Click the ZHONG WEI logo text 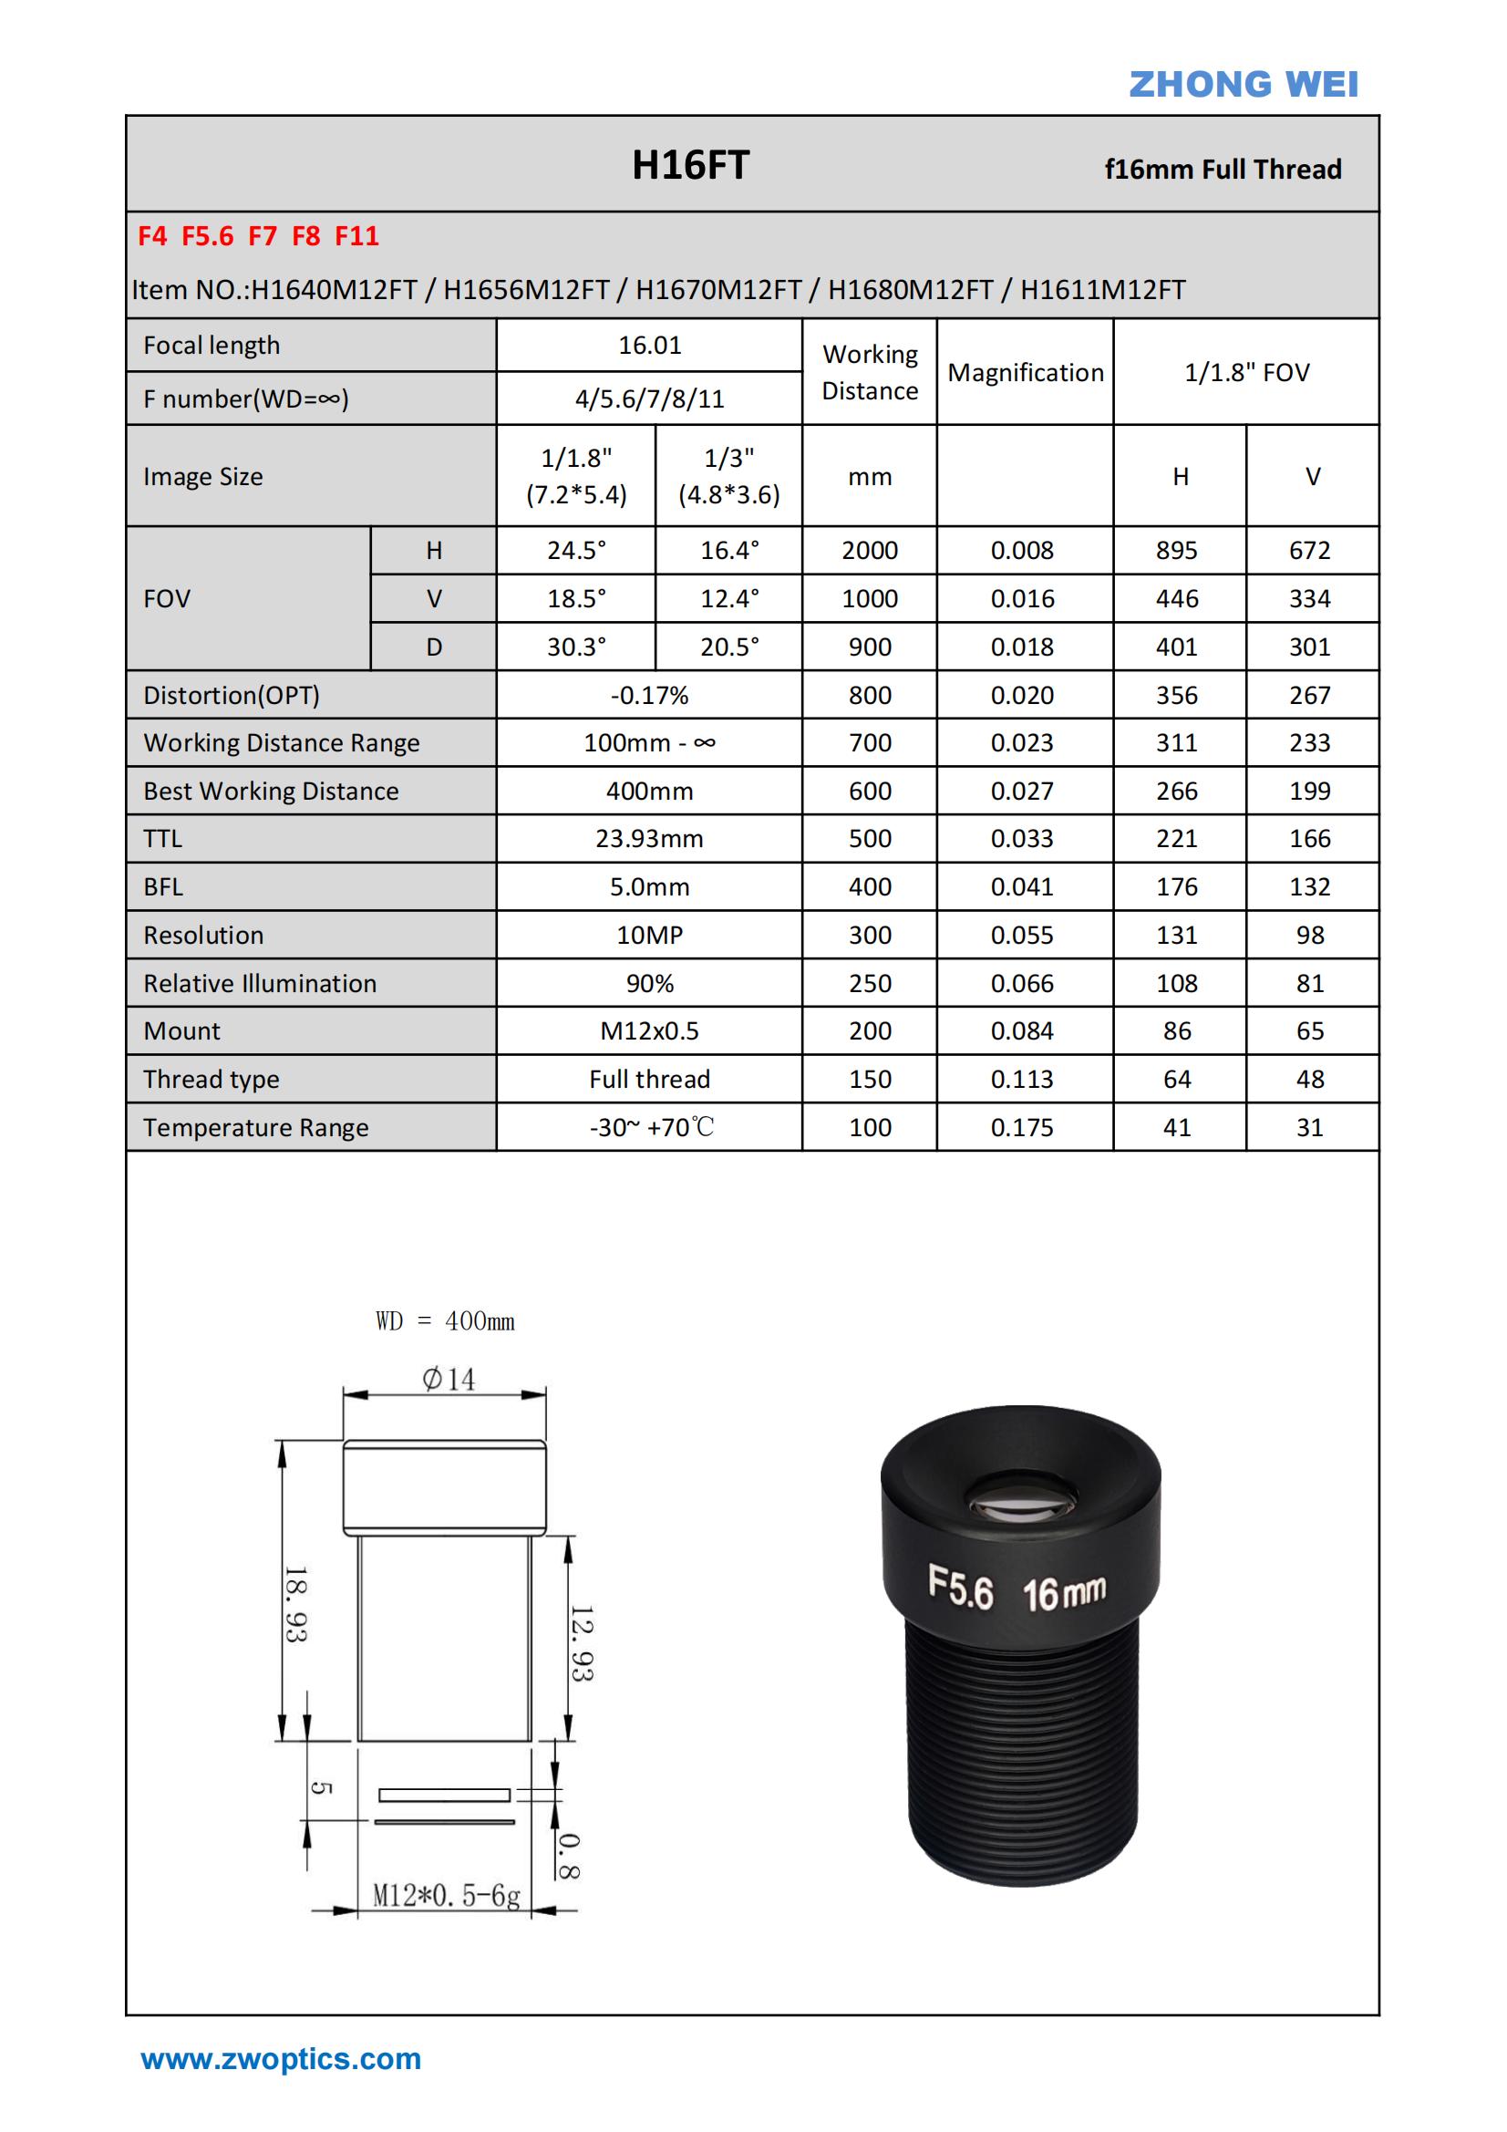pos(1243,85)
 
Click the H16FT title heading pos(690,165)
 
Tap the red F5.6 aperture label pos(207,237)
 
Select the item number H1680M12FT pos(910,290)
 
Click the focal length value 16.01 pos(650,346)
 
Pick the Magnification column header pos(1025,372)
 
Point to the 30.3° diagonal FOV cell pos(575,647)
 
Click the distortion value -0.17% pos(649,696)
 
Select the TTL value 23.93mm pos(649,839)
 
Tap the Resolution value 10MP pos(649,935)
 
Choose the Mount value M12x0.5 pos(649,1030)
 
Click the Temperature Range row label pos(255,1127)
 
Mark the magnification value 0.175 pos(1021,1127)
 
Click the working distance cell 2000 pos(869,551)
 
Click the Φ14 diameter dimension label pos(449,1380)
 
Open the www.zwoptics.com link pos(281,2059)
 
